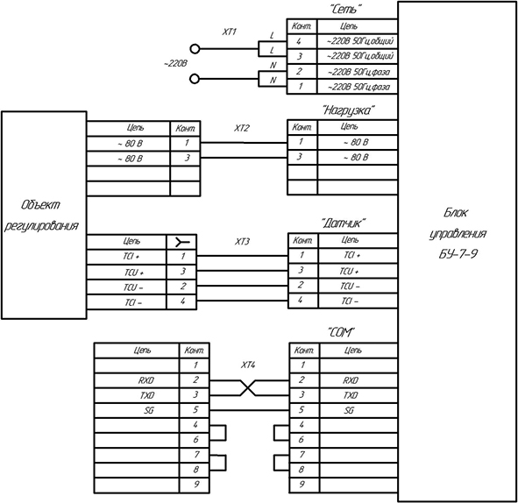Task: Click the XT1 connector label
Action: [230, 32]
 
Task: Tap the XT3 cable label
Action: [242, 242]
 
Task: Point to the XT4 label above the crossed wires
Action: [248, 365]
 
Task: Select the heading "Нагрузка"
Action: [349, 110]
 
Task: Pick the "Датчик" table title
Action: [344, 223]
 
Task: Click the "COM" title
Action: [341, 332]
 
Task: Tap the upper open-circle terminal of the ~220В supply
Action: [195, 49]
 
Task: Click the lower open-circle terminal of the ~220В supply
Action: [195, 79]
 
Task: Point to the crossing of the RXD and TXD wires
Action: [248, 387]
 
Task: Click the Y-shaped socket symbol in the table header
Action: [182, 243]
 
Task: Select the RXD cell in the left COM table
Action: [146, 380]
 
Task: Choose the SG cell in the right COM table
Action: [349, 410]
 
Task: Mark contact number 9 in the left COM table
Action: [196, 485]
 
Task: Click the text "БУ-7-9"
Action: [458, 254]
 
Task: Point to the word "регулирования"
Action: [41, 226]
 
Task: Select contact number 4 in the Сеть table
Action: [299, 41]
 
